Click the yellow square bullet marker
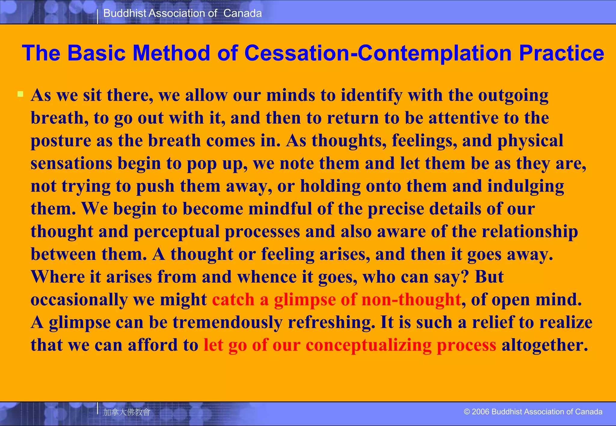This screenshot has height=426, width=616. (x=20, y=94)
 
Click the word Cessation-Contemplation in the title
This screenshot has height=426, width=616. (x=378, y=53)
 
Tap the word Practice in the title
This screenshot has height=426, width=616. (x=561, y=53)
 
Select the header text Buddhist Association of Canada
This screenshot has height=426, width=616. (x=182, y=13)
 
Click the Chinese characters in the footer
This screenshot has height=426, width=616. (x=126, y=412)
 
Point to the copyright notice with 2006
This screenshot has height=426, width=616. (x=533, y=412)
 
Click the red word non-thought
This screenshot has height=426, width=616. (x=411, y=300)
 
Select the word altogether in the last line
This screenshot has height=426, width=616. (x=544, y=345)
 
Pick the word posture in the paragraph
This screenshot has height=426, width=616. (x=61, y=141)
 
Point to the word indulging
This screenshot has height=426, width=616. (x=525, y=186)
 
